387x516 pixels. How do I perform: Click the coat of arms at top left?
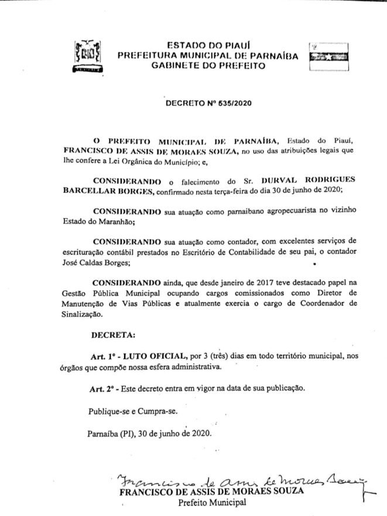tap(87, 56)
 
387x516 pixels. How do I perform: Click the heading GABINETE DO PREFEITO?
tap(208, 66)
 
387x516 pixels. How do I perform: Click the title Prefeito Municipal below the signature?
tap(213, 503)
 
